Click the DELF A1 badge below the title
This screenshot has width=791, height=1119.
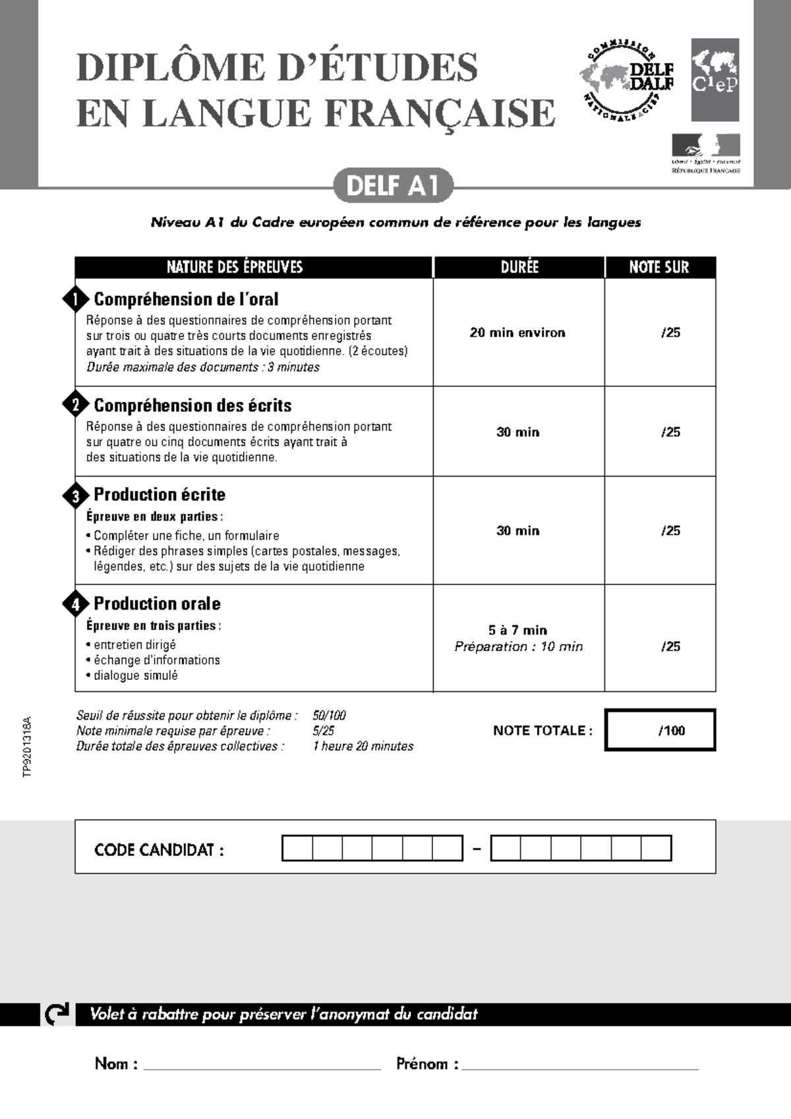click(393, 186)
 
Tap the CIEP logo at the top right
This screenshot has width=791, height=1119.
click(715, 80)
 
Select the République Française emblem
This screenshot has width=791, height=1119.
click(705, 154)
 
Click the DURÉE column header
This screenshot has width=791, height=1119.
click(519, 267)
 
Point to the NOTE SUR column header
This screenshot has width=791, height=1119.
click(659, 267)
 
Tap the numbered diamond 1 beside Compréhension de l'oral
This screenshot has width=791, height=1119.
click(76, 299)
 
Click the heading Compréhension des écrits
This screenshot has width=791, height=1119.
click(192, 405)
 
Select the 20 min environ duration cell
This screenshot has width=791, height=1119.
click(517, 333)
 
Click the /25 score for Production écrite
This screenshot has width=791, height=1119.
click(670, 531)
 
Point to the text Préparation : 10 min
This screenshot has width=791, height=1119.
click(518, 646)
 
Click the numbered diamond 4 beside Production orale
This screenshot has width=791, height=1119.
click(76, 604)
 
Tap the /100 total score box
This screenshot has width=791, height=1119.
click(660, 730)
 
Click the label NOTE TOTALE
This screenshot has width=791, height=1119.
click(542, 730)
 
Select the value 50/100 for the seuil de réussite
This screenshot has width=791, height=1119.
click(329, 716)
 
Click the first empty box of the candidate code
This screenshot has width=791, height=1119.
click(297, 848)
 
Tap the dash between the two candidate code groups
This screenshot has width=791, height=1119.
click(477, 849)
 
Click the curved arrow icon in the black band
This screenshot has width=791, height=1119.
click(56, 1014)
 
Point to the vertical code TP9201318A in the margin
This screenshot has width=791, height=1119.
click(27, 747)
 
